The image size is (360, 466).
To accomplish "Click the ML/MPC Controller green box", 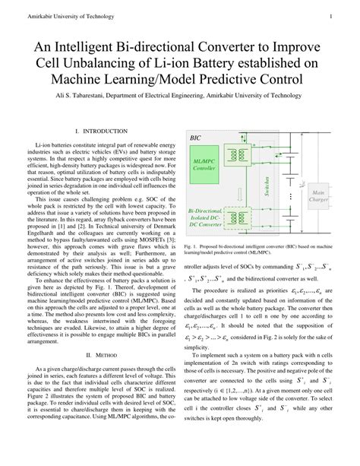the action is click(x=204, y=165).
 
